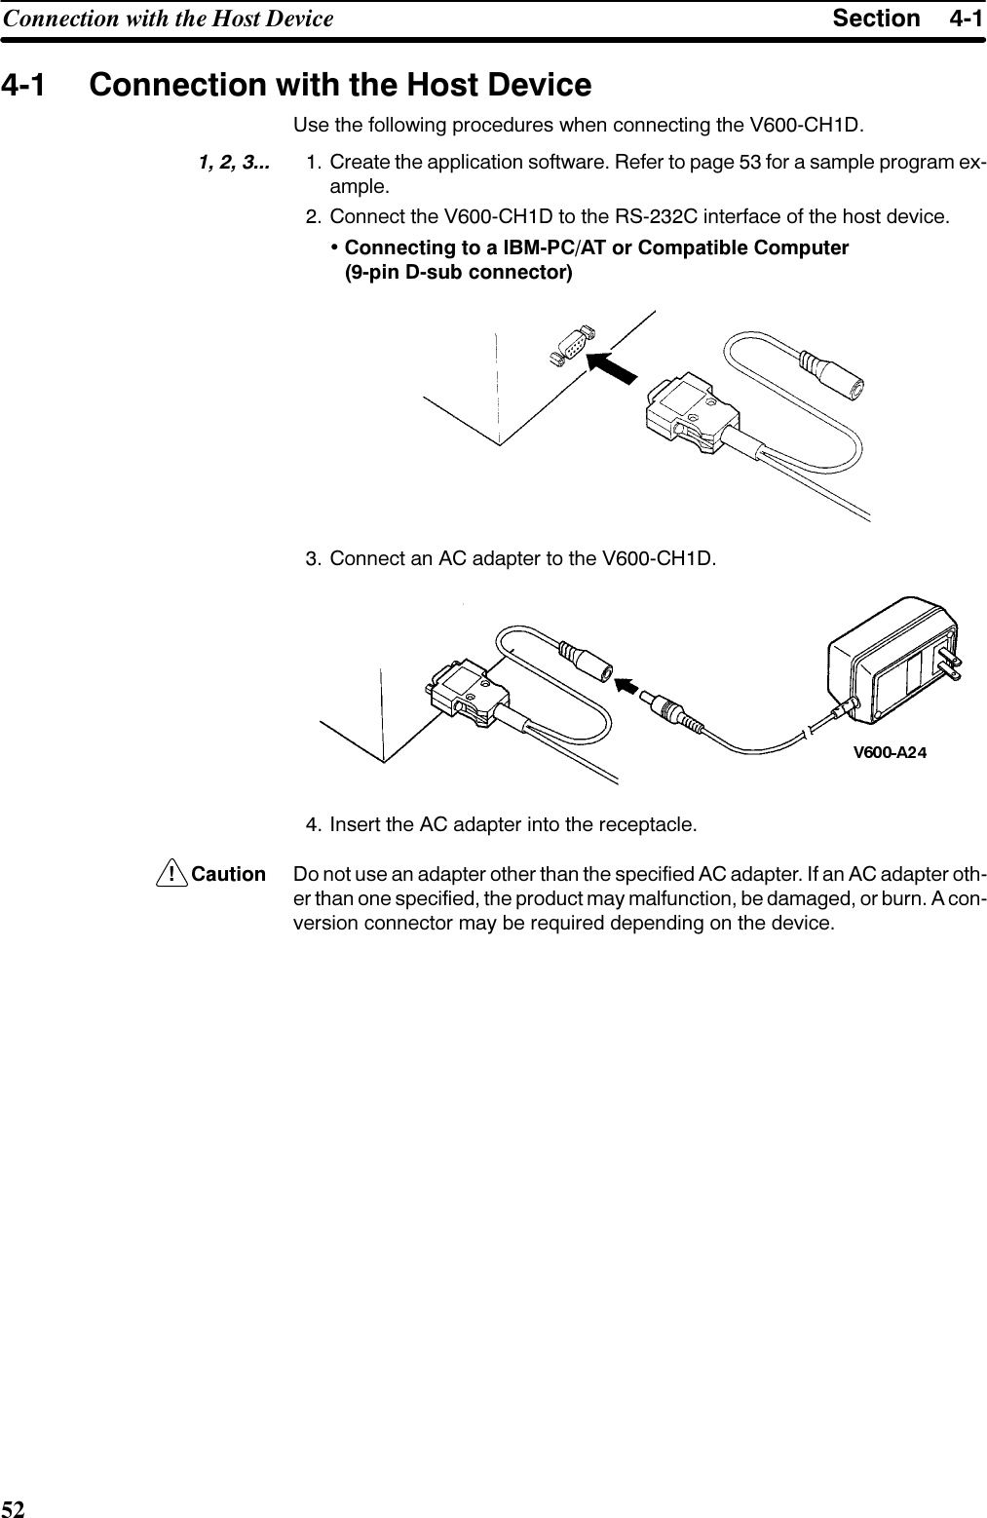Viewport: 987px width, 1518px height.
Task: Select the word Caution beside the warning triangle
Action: tap(229, 874)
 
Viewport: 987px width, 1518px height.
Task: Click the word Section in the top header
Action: tap(876, 19)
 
